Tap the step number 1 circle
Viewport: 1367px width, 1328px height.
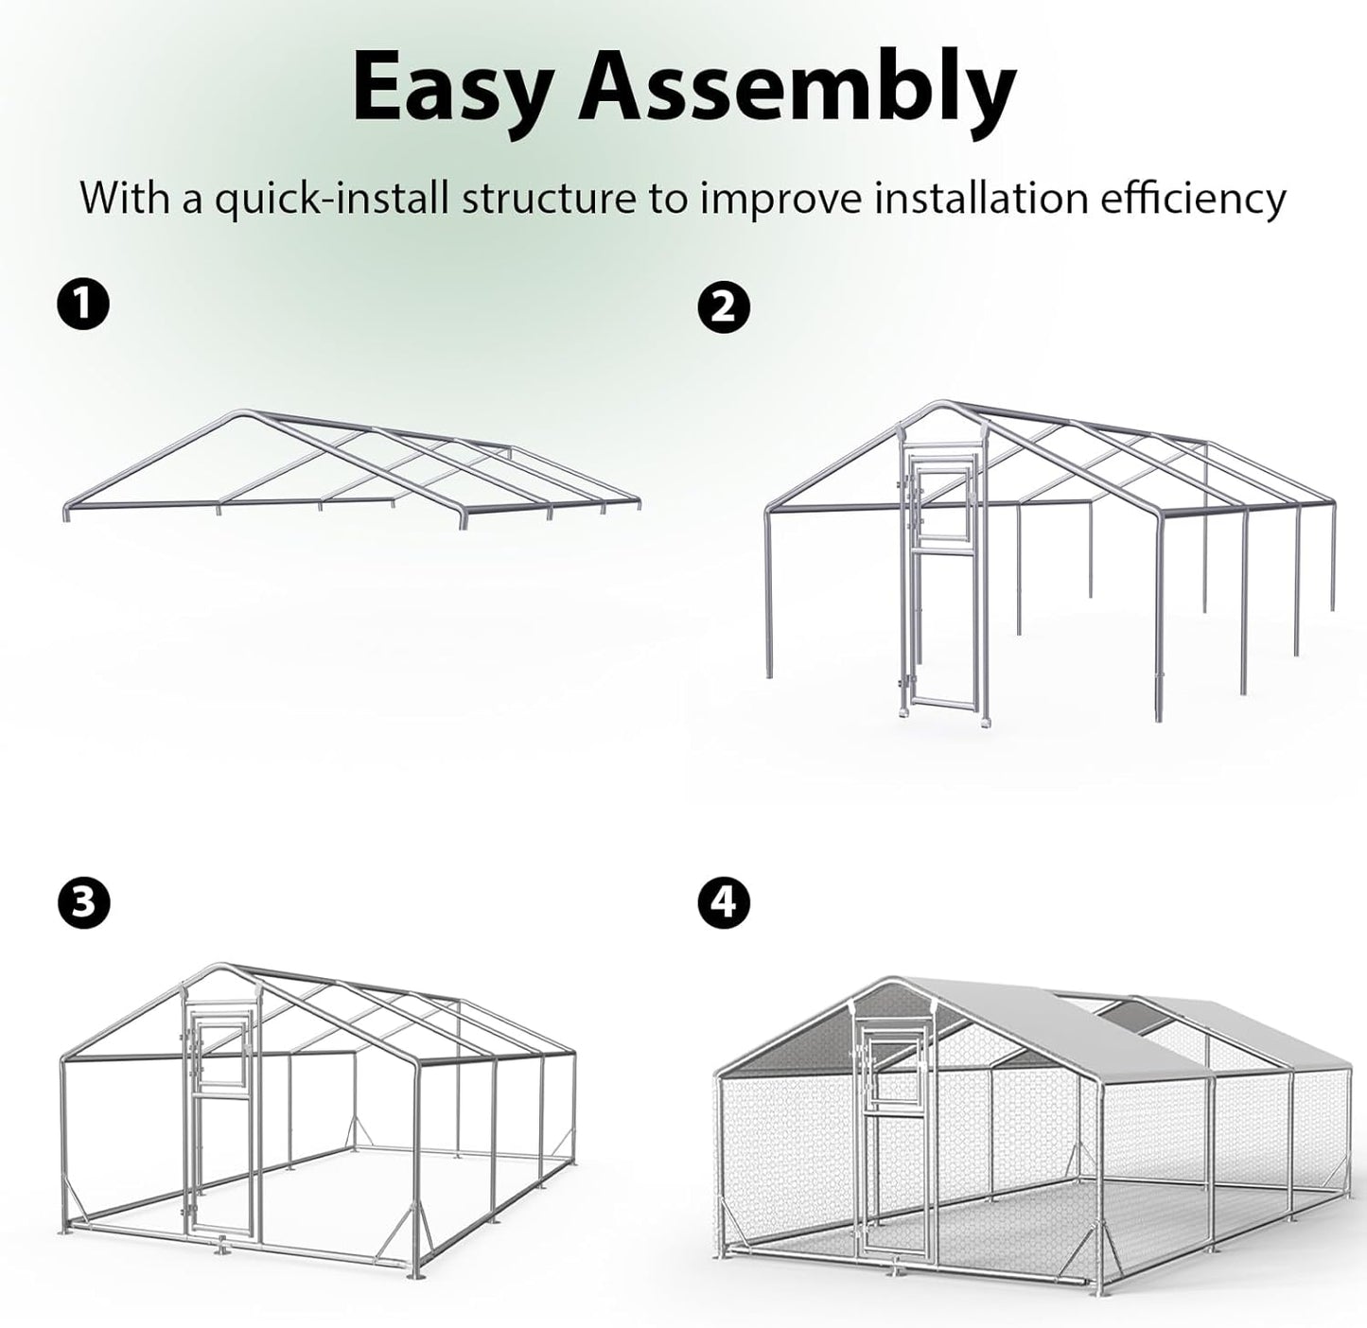[83, 305]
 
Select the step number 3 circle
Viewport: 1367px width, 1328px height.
[83, 902]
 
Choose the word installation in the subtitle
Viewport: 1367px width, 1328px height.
[977, 200]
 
